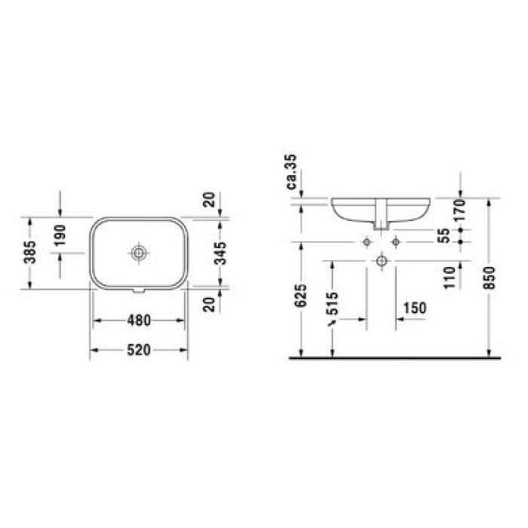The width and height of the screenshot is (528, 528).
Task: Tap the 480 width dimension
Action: pos(140,320)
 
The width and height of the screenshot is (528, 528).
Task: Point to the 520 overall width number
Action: pos(140,349)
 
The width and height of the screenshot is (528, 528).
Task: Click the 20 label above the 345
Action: pos(211,200)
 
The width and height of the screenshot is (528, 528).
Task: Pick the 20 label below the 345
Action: pos(211,304)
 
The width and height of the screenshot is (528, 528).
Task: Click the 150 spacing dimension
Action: pos(416,308)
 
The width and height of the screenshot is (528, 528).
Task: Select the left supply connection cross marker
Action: pos(366,241)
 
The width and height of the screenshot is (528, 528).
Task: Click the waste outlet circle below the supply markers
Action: pos(382,261)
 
